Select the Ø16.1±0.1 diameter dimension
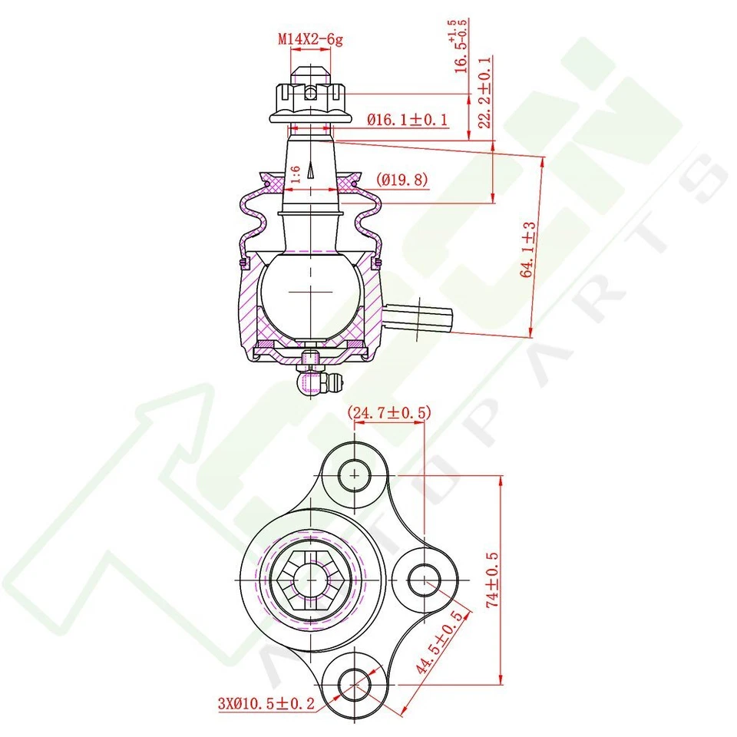pos(407,121)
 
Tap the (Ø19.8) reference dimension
pos(402,180)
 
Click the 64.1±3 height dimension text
pos(528,249)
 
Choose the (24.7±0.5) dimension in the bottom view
pos(388,414)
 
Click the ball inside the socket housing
pos(310,292)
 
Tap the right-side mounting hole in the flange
pos(423,580)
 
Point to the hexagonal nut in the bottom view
pos(310,580)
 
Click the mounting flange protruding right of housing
pos(418,318)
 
